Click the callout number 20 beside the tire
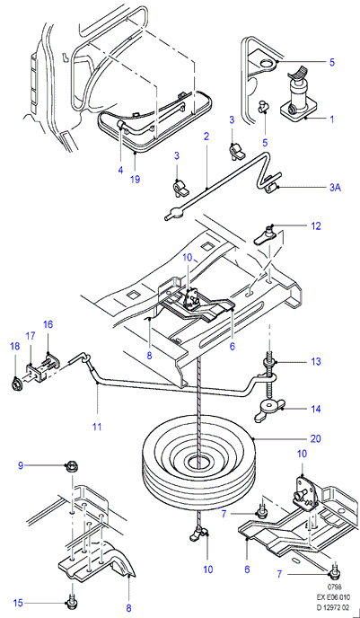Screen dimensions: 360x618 [316, 438]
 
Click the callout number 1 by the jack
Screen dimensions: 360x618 [331, 119]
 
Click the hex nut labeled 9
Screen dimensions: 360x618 [73, 466]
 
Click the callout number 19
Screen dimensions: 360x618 [135, 179]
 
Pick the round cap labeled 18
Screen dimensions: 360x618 [16, 383]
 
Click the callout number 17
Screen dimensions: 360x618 [31, 336]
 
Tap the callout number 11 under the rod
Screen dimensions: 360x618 [97, 427]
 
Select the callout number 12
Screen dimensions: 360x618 [316, 226]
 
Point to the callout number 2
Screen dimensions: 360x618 [206, 137]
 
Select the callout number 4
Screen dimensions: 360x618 [120, 171]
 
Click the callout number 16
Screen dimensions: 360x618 [48, 325]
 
